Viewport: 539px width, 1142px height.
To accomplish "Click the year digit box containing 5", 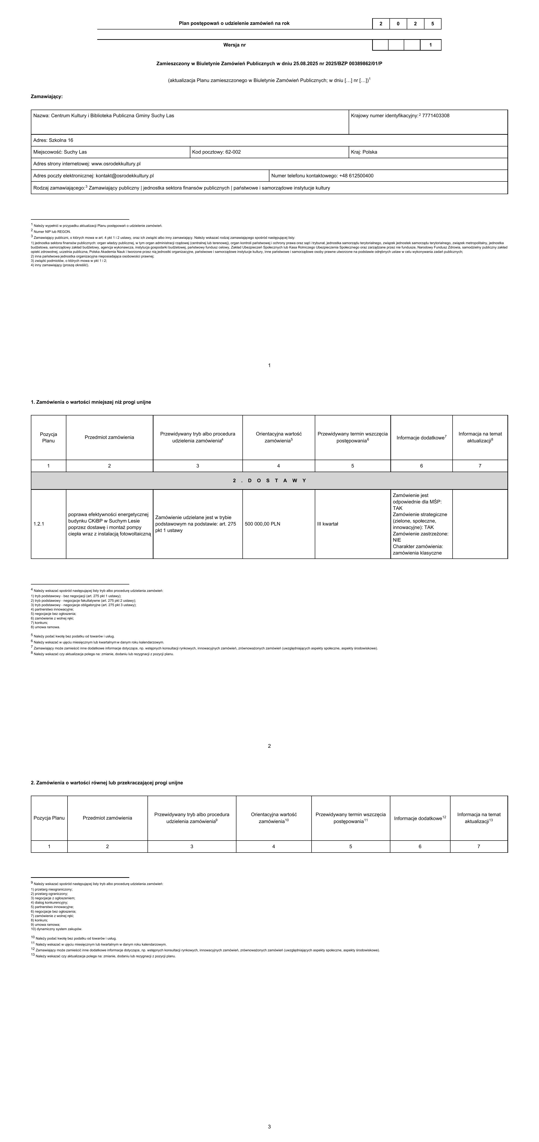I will tap(433, 23).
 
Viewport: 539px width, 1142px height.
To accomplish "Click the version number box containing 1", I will tap(430, 45).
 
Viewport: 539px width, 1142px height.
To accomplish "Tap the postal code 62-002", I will tap(233, 152).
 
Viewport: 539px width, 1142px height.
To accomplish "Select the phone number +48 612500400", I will tap(356, 175).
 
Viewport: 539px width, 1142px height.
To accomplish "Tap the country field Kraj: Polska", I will tap(364, 152).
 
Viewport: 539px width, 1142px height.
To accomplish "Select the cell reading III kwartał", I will tap(328, 524).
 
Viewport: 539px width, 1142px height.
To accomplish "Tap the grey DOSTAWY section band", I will tap(269, 481).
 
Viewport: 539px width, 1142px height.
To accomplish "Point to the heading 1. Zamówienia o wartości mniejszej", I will tap(91, 402).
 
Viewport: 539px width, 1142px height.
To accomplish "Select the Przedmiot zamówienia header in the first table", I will tap(109, 437).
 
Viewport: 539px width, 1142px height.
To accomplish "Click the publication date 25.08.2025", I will tap(306, 63).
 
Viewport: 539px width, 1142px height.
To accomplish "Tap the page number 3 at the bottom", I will tap(269, 1127).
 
